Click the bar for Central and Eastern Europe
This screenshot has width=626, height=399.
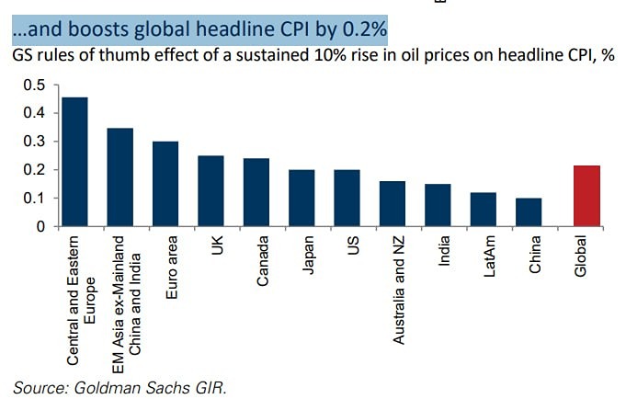click(75, 162)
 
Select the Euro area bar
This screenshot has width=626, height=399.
click(165, 184)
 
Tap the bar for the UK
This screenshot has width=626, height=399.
click(211, 191)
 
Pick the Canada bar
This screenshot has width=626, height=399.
click(256, 192)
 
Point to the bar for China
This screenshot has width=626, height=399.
click(529, 212)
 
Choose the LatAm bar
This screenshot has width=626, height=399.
click(484, 210)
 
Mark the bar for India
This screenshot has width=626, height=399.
click(438, 205)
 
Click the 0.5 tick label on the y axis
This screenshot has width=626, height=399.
click(34, 85)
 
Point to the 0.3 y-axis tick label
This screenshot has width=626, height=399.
click(34, 142)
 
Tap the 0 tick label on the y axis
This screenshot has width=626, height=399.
click(40, 226)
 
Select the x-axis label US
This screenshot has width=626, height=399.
click(353, 248)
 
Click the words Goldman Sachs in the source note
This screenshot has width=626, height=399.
click(115, 386)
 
